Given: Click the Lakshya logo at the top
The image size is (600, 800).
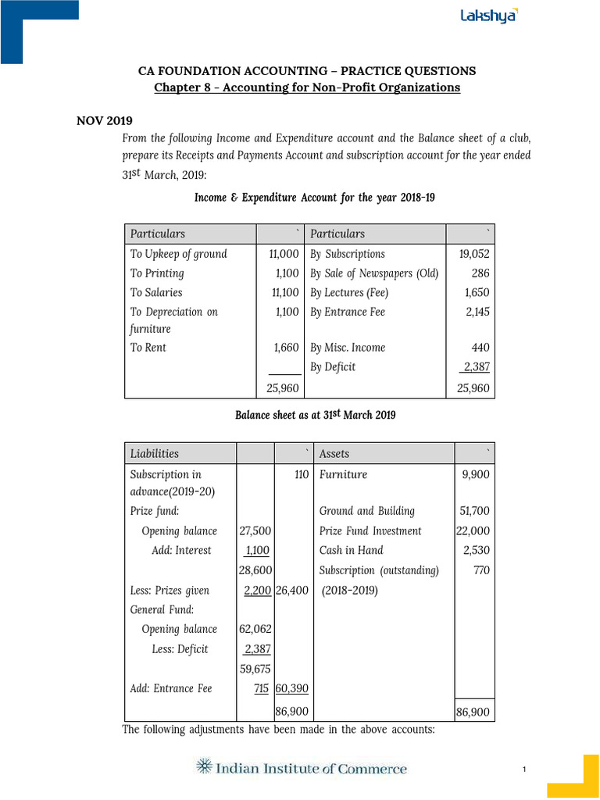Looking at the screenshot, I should click(x=488, y=16).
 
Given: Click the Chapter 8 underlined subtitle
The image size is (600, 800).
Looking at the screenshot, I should click(x=307, y=87).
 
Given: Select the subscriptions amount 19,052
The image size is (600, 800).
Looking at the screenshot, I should click(x=475, y=254).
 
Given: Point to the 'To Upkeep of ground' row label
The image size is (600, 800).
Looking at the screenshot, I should click(x=178, y=254).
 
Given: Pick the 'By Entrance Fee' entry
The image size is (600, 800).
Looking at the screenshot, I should click(x=348, y=312).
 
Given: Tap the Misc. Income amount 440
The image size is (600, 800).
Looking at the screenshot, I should click(x=480, y=348).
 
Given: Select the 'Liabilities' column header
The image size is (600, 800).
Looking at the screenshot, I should click(x=155, y=453).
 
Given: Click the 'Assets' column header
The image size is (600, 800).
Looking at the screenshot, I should click(x=334, y=453).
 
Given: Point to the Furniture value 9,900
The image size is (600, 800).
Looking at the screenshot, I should click(x=476, y=474).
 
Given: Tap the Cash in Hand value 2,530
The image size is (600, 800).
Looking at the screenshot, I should click(x=477, y=550).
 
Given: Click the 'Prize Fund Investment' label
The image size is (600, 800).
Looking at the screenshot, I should click(x=370, y=530).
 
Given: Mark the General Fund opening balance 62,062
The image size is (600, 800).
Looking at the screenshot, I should click(x=255, y=629).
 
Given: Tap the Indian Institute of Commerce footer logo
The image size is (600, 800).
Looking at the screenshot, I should click(x=302, y=768).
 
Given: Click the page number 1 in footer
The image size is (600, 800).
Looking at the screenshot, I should click(x=525, y=771).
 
